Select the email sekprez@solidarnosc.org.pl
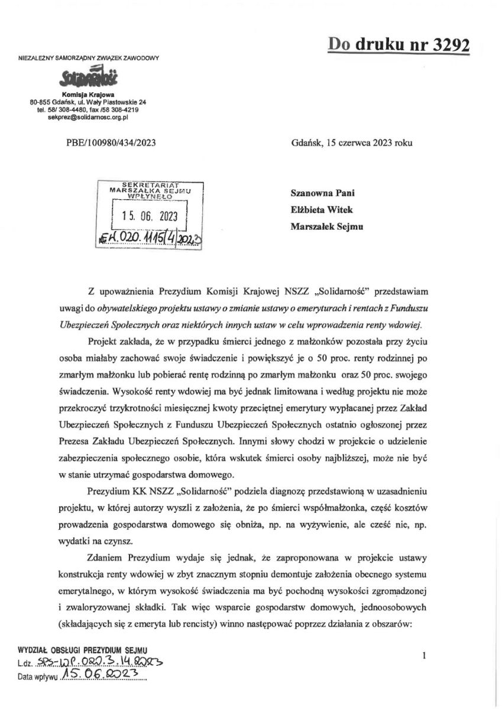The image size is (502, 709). click(x=89, y=118)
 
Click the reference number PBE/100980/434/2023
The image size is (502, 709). click(x=112, y=143)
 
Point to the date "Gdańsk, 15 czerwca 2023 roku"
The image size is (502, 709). click(x=352, y=143)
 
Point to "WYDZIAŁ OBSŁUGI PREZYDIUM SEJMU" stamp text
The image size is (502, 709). click(x=79, y=651)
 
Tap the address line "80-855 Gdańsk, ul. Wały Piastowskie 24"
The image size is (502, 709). click(x=89, y=102)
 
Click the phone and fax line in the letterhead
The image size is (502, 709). click(x=89, y=110)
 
